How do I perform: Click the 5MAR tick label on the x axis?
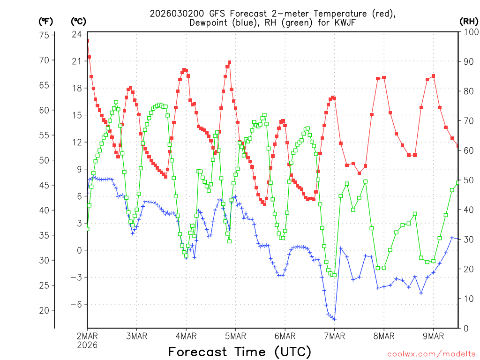(235, 336)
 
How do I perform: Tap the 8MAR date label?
(383, 336)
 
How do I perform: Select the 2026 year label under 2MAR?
(87, 345)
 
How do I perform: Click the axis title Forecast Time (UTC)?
(240, 352)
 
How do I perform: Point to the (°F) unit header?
(46, 21)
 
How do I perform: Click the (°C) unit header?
(79, 21)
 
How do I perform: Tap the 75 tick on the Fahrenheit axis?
(45, 35)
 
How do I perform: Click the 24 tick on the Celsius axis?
(77, 34)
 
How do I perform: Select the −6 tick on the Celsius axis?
(75, 304)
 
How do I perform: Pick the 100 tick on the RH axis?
(469, 32)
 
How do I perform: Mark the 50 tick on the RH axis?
(467, 180)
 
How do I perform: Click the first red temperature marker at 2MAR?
(87, 41)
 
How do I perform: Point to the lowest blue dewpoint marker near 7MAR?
(334, 319)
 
